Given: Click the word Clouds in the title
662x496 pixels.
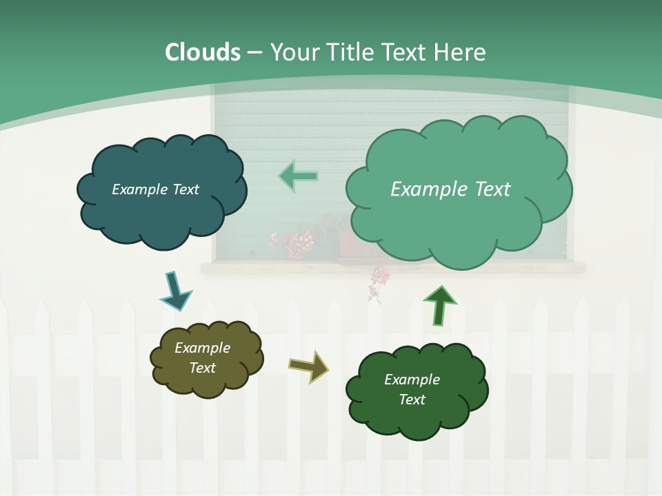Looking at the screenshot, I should pyautogui.click(x=203, y=52).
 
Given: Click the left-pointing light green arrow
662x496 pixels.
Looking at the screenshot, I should pyautogui.click(x=298, y=176).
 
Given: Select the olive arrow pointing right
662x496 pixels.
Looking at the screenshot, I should pyautogui.click(x=310, y=366).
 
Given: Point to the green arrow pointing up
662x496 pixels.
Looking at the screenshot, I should pyautogui.click(x=439, y=305).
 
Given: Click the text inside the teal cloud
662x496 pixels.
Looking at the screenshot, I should pyautogui.click(x=155, y=189).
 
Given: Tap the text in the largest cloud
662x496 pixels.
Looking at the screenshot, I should pyautogui.click(x=450, y=189).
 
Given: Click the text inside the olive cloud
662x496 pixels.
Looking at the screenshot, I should pyautogui.click(x=202, y=358).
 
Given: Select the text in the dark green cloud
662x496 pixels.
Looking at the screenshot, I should pyautogui.click(x=412, y=389).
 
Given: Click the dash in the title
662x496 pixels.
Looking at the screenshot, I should pyautogui.click(x=254, y=52).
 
